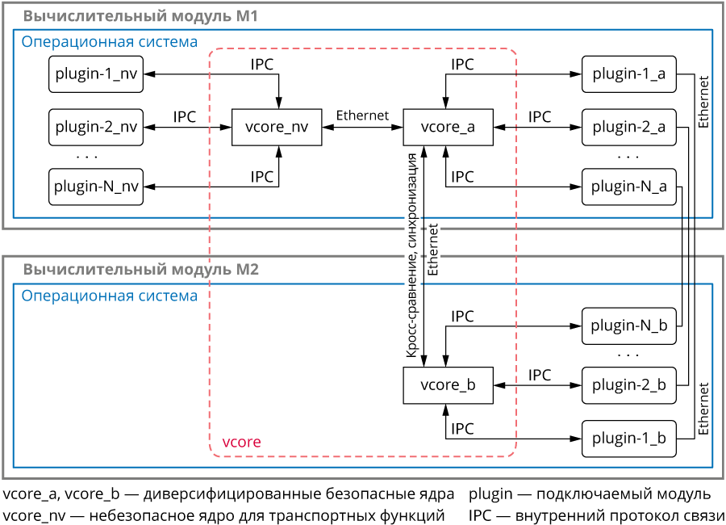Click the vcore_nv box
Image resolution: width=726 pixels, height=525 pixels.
277,127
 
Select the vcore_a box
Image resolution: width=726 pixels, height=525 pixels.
448,127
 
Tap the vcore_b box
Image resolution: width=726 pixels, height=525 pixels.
448,385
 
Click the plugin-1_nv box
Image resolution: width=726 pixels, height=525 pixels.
95,74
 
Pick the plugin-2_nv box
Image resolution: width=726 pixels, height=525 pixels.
95,127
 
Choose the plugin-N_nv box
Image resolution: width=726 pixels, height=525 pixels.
95,187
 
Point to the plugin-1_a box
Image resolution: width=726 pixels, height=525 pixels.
628,74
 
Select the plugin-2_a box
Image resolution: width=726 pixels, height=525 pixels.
628,127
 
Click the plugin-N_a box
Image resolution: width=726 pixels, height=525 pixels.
628,187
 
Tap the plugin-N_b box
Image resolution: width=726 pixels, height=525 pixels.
628,326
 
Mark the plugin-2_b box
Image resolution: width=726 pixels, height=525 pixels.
628,385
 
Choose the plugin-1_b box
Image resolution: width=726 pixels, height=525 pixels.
628,439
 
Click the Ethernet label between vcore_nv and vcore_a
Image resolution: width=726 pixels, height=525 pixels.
362,115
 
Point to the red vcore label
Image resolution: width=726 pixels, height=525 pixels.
241,443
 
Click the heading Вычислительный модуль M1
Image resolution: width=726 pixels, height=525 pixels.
140,15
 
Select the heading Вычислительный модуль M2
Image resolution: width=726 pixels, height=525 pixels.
140,270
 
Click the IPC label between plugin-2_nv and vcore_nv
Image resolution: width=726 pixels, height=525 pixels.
185,116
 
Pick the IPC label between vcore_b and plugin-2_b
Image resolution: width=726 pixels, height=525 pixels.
540,375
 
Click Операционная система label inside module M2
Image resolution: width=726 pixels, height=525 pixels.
109,296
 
